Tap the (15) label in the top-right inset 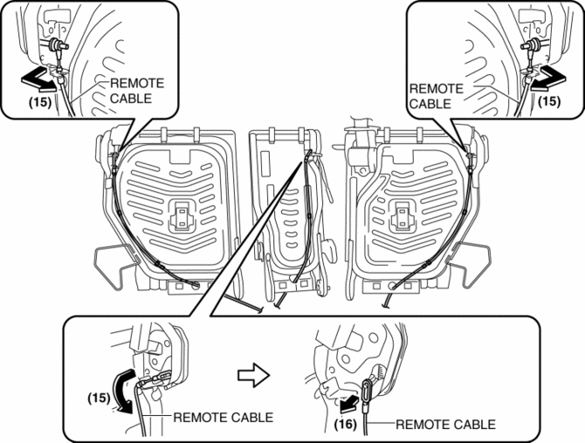click(548, 101)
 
